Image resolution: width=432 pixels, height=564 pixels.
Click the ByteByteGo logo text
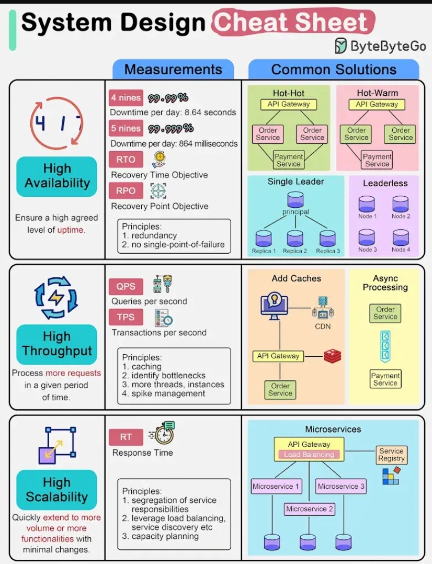pyautogui.click(x=388, y=46)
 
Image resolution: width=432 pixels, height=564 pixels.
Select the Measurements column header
pyautogui.click(x=173, y=70)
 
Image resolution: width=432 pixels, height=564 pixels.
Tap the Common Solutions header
pyautogui.click(x=334, y=70)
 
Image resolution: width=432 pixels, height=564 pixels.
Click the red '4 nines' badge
pyautogui.click(x=126, y=98)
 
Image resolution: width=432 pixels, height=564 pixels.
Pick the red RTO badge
pyautogui.click(x=126, y=160)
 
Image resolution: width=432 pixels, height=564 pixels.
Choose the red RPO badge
pyautogui.click(x=126, y=191)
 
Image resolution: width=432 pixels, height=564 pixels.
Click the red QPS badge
pyautogui.click(x=126, y=287)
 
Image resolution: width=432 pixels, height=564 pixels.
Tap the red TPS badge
pyautogui.click(x=126, y=317)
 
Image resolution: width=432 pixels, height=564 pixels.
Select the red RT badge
pyautogui.click(x=126, y=437)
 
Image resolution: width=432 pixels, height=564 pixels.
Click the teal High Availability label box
pyautogui.click(x=57, y=176)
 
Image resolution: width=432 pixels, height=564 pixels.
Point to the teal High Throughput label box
pyautogui.click(x=57, y=344)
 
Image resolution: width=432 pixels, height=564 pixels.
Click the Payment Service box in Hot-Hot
pyautogui.click(x=289, y=160)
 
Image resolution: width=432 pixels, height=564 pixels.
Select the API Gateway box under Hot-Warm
pyautogui.click(x=377, y=104)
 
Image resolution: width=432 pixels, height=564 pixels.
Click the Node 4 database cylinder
pyautogui.click(x=401, y=238)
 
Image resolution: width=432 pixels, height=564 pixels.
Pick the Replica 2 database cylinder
pyautogui.click(x=295, y=239)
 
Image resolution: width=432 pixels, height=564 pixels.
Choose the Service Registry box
pyautogui.click(x=391, y=454)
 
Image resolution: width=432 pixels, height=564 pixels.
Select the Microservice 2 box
pyautogui.click(x=310, y=509)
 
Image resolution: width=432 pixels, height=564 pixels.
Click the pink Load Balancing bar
pyautogui.click(x=309, y=455)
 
